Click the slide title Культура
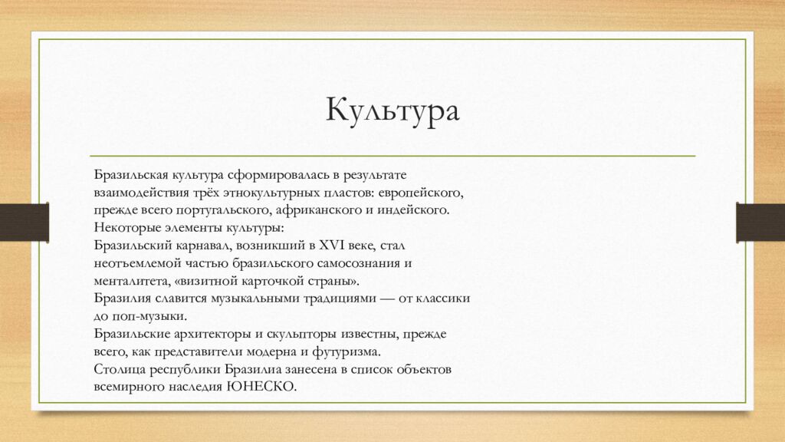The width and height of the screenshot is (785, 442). click(392, 111)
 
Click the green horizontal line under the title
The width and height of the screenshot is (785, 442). click(392, 156)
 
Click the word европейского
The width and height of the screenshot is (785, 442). click(421, 193)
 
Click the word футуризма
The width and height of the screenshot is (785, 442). click(347, 351)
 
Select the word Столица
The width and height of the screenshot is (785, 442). click(118, 369)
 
